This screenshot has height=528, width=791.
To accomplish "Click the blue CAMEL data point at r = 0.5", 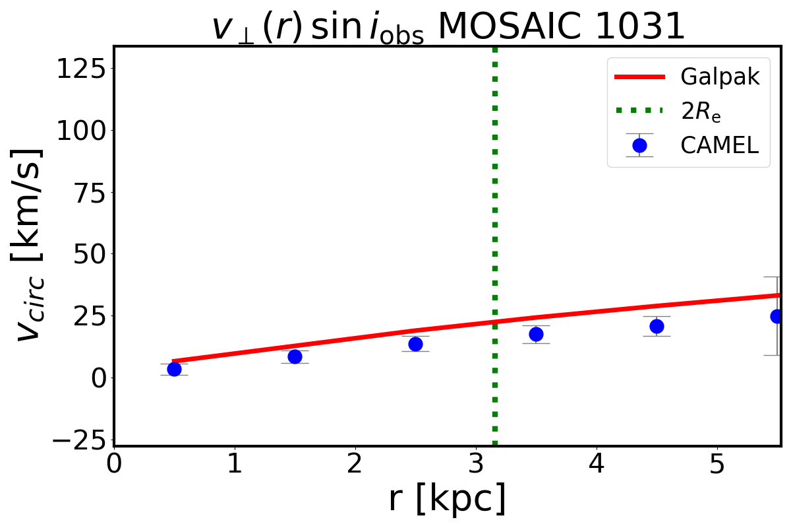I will point(174,369).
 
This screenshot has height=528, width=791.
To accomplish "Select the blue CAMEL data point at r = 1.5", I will point(295,356).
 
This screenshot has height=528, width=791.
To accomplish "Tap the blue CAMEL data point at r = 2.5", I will point(415,344).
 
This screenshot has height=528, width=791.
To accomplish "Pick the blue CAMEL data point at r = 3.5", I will point(536,334).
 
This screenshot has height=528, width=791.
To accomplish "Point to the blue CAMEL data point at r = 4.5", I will point(657,326).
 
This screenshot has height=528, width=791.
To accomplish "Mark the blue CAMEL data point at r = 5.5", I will point(776,316).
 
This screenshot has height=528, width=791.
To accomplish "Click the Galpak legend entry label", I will point(719,77).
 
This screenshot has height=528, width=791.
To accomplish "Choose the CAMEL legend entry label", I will point(719,145).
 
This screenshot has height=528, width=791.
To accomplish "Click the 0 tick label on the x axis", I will point(115,465).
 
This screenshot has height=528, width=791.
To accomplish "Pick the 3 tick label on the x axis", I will point(477,465).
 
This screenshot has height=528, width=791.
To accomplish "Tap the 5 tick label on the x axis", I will point(718,465).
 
